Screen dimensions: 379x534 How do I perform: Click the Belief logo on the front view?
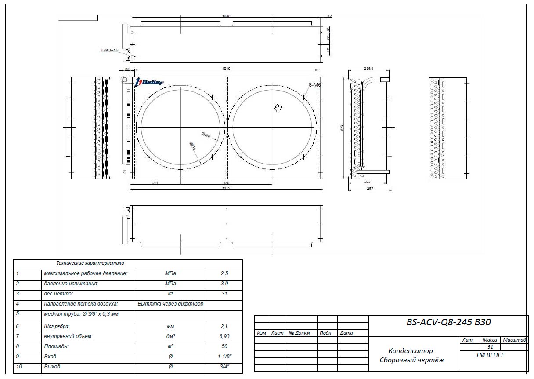coord(149,82)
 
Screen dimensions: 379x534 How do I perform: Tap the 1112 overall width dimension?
coord(226,188)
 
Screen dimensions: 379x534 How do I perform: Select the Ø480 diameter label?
coord(206,135)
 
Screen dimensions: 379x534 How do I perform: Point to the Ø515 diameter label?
coord(192,146)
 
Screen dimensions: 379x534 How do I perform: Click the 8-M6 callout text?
coord(314,85)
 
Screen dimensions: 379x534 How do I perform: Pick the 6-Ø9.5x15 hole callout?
coord(109,51)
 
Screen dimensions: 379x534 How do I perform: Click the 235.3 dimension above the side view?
coord(369,69)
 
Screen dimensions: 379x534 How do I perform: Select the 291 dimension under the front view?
coord(155,182)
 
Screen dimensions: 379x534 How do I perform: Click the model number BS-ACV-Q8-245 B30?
coord(448,322)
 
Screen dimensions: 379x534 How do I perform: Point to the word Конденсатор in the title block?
coord(410,351)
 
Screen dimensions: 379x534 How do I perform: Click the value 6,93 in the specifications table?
coord(224,336)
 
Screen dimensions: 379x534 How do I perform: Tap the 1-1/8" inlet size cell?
coord(224,357)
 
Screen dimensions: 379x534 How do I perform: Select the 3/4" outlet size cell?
coord(224,367)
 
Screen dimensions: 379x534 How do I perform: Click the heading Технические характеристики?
coord(90,263)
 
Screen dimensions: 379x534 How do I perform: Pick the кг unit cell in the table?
coord(170,293)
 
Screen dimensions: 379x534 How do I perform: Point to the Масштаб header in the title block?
coord(515,340)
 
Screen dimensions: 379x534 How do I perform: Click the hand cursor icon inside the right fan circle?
coord(278,108)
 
